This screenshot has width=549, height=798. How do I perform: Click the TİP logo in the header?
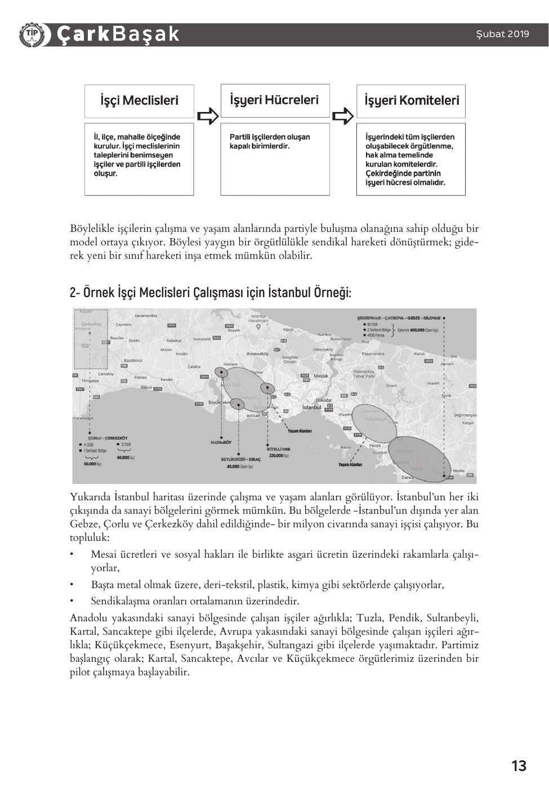tap(32, 34)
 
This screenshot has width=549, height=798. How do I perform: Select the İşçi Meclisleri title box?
tap(139, 101)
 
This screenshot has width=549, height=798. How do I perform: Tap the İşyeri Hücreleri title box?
tap(275, 100)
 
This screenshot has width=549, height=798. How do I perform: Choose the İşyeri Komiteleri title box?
tap(411, 101)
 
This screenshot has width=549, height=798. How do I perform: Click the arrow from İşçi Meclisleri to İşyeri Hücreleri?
tap(207, 116)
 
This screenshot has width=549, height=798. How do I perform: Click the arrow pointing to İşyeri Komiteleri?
tap(343, 116)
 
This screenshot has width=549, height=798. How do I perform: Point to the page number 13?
tap(519, 765)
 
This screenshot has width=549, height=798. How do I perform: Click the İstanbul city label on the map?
tap(311, 407)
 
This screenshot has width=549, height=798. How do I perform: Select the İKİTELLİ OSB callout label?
tap(278, 449)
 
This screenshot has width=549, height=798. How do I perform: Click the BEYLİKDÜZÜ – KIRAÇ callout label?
tap(240, 459)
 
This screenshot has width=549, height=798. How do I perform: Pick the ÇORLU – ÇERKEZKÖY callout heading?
tap(108, 438)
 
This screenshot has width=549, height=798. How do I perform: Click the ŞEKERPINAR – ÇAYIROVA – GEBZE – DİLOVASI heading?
tap(399, 318)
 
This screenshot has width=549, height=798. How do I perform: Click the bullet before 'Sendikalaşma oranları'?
tap(72, 600)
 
